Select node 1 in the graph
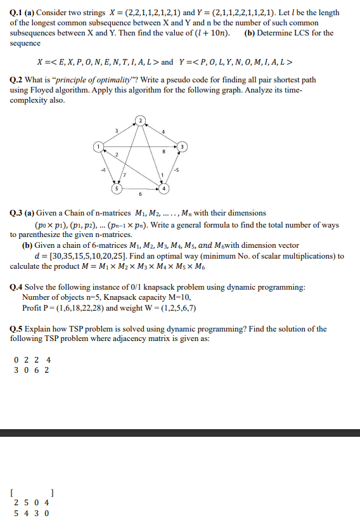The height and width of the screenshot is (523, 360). (98, 146)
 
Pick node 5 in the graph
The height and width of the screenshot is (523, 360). (116, 188)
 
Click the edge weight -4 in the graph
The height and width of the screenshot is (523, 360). (101, 169)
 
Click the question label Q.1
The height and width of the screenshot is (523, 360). (18, 13)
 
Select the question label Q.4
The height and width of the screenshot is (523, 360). (18, 287)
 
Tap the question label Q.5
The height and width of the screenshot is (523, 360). (18, 328)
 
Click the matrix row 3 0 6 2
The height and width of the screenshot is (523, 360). (32, 370)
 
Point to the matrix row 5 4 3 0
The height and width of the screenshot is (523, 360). (32, 513)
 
